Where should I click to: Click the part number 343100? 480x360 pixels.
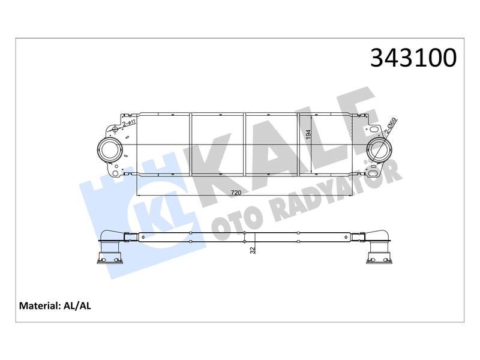click(x=413, y=58)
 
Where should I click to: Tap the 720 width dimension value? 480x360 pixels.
click(x=236, y=193)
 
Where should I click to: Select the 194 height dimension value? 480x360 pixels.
click(x=308, y=134)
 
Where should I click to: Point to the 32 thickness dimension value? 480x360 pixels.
click(x=253, y=250)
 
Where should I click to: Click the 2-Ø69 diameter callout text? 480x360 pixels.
click(x=391, y=126)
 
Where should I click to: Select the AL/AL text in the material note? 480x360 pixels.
click(x=77, y=306)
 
